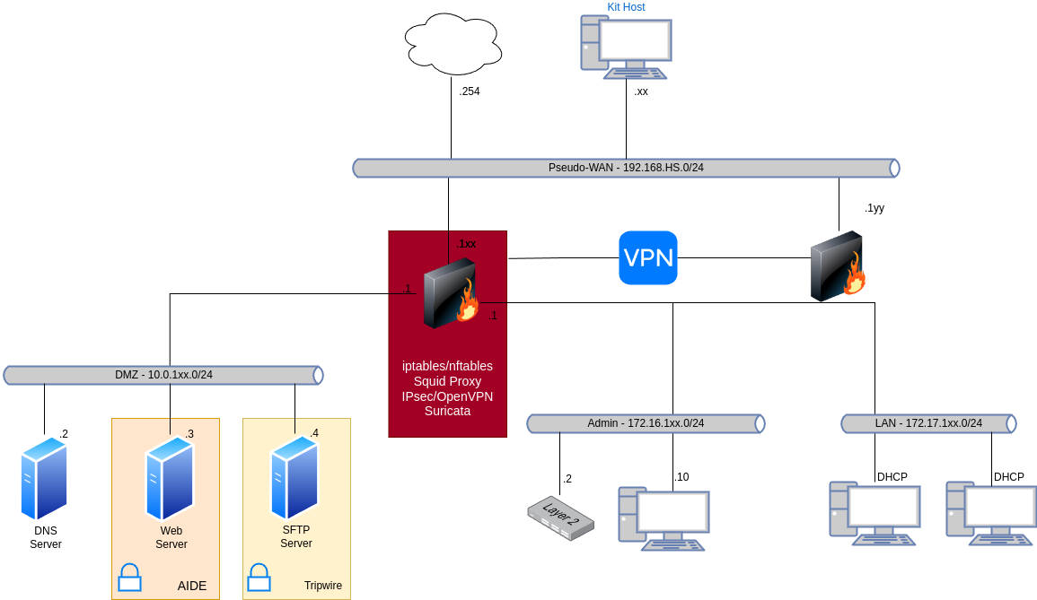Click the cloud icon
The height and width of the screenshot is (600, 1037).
pos(453,44)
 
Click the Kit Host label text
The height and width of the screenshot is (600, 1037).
pos(626,7)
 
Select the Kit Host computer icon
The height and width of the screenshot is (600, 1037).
pos(626,48)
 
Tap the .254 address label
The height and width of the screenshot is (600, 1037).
pos(470,91)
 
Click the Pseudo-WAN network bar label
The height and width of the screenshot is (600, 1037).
pos(626,168)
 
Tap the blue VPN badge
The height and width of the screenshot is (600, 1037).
pos(648,257)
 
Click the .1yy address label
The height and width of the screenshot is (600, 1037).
pos(874,208)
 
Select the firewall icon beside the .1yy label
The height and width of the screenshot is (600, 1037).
pos(838,266)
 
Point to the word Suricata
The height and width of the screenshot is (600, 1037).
pos(447,411)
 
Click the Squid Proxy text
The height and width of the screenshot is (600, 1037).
pos(447,381)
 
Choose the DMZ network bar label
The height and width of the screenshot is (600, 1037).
pos(164,375)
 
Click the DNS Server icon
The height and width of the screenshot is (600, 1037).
pos(44,478)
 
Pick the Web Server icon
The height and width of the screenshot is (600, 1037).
pos(170,478)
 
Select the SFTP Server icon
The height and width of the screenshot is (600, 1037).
pos(295,478)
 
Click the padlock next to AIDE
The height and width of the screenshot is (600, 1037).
pos(129,577)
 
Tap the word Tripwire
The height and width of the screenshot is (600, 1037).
pos(322,586)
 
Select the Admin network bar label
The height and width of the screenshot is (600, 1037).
pos(646,423)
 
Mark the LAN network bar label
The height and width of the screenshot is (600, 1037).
pos(928,423)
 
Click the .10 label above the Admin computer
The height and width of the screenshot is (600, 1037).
pos(681,477)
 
